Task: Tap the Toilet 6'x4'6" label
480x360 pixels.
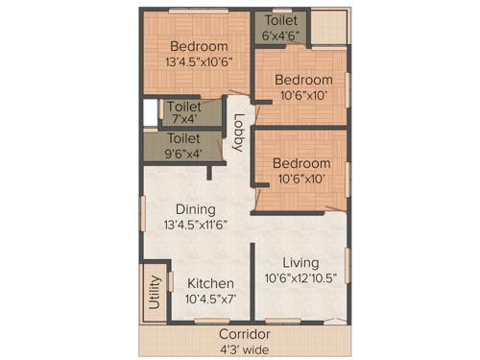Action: click(x=281, y=28)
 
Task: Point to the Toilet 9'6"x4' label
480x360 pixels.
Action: click(x=185, y=146)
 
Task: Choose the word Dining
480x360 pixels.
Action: click(x=195, y=208)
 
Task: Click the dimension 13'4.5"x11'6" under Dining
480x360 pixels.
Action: click(x=195, y=225)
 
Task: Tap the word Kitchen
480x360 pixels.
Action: click(x=210, y=283)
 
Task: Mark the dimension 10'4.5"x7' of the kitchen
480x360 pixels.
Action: click(x=210, y=300)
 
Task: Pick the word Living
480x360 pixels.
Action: click(x=301, y=262)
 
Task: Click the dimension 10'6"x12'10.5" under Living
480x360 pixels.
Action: click(x=301, y=278)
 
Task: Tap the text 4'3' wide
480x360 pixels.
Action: click(x=240, y=349)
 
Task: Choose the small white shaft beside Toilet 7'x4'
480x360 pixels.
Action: click(x=150, y=112)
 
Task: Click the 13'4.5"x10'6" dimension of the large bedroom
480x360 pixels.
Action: click(x=199, y=63)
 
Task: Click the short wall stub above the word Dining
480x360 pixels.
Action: click(x=210, y=173)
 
